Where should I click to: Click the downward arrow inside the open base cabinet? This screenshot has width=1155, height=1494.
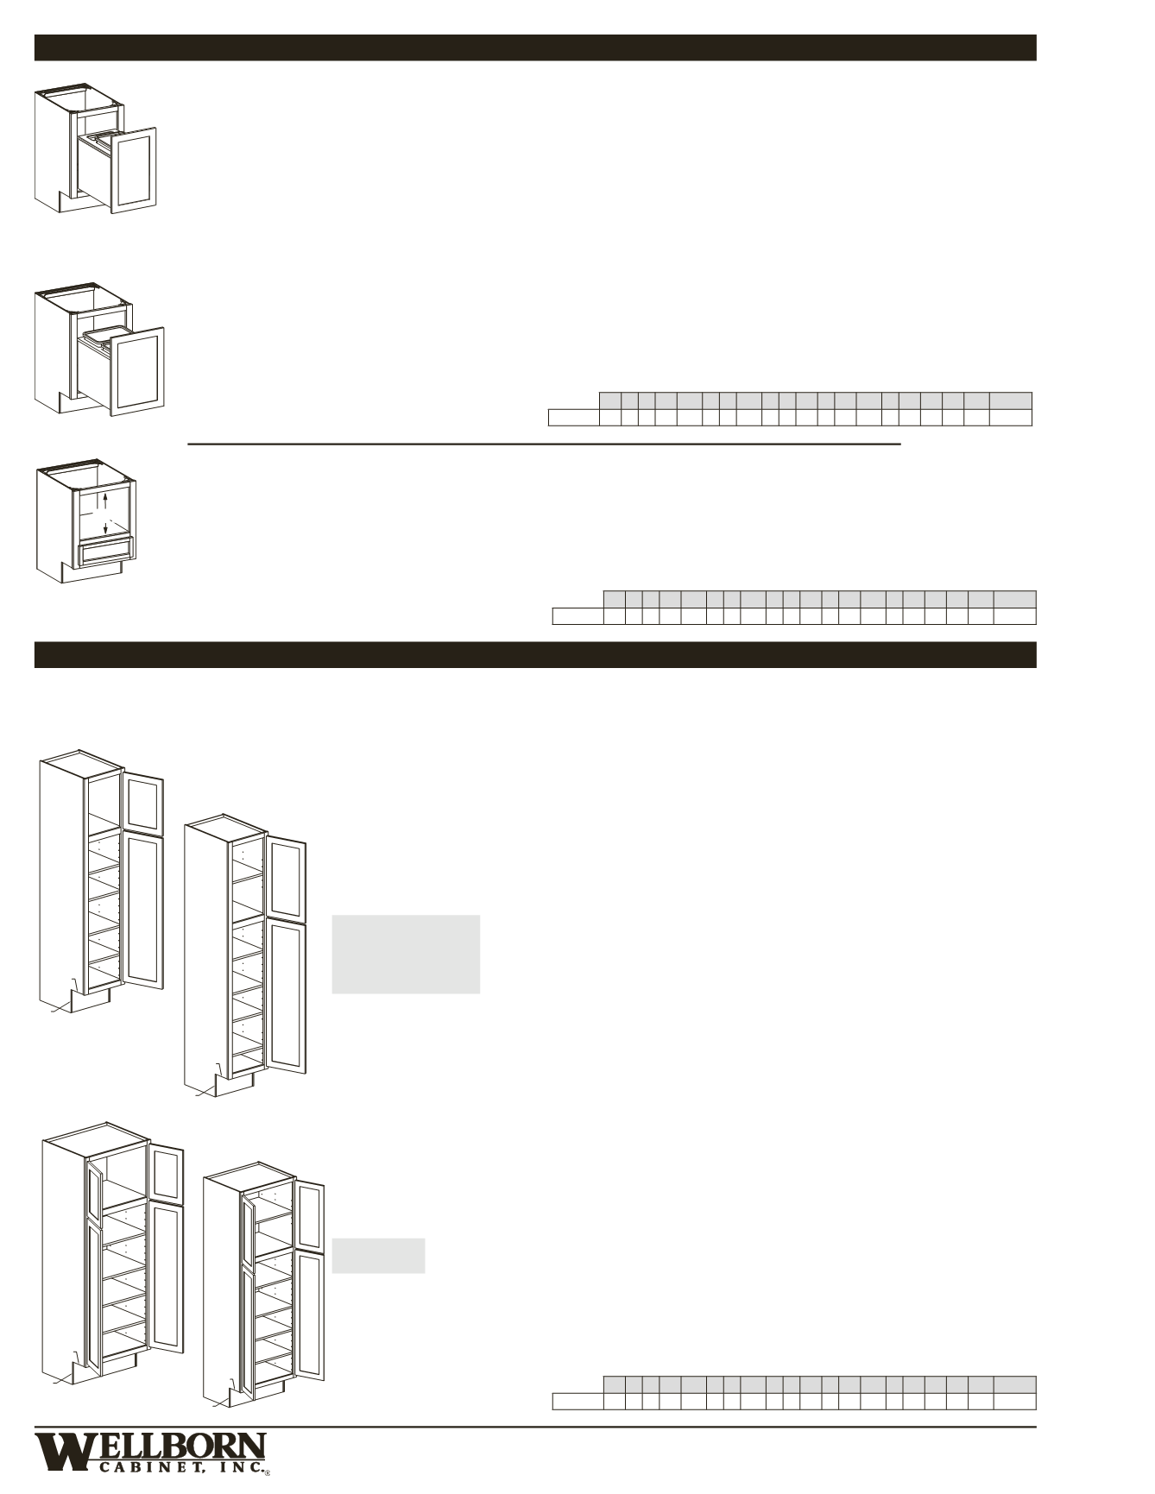(105, 527)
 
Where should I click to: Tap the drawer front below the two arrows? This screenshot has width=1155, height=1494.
(106, 551)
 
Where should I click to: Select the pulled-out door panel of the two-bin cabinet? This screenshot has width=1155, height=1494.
(133, 170)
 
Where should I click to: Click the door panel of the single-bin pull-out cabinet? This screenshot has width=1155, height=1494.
(137, 370)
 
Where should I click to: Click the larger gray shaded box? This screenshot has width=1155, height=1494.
(406, 955)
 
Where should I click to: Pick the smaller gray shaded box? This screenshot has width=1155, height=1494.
(378, 1256)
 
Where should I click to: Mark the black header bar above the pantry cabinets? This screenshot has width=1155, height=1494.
(535, 655)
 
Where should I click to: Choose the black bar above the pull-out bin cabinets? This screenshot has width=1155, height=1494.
(535, 47)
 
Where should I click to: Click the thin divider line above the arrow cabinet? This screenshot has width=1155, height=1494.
(545, 444)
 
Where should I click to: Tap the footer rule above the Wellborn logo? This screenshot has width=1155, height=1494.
(535, 1427)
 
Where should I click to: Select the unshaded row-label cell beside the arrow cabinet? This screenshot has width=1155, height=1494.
(577, 616)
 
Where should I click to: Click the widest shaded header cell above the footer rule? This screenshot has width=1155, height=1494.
(1014, 1384)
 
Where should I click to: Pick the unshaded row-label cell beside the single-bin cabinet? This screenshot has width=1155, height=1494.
(574, 418)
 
